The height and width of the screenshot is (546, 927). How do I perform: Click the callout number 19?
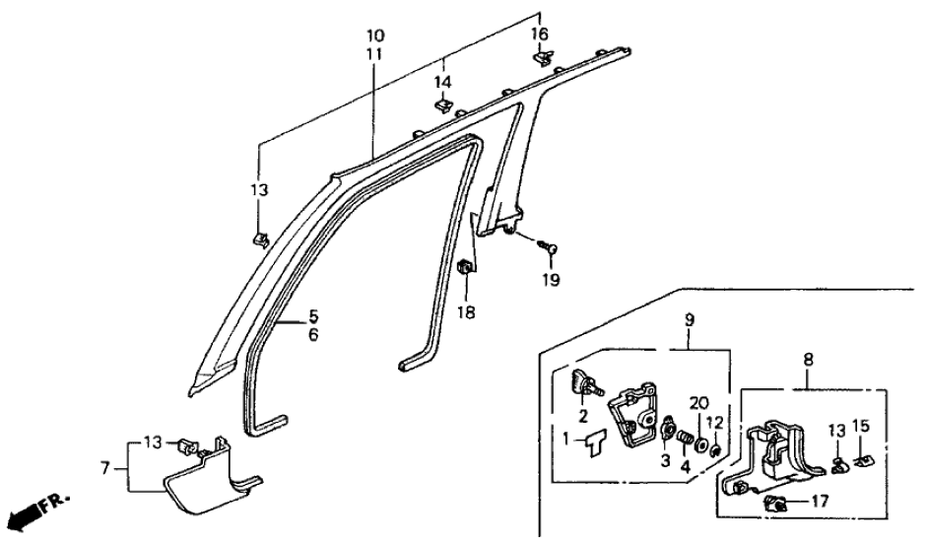click(550, 281)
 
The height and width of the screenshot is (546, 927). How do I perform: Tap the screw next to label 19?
click(550, 248)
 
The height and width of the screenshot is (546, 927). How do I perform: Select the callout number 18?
click(466, 311)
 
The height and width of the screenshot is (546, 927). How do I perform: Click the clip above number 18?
click(465, 267)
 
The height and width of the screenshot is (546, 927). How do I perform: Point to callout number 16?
click(539, 34)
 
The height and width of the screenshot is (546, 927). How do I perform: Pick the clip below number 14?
click(441, 104)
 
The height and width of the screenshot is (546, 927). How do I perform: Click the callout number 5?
click(313, 317)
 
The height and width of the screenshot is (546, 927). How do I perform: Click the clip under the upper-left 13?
click(261, 238)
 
